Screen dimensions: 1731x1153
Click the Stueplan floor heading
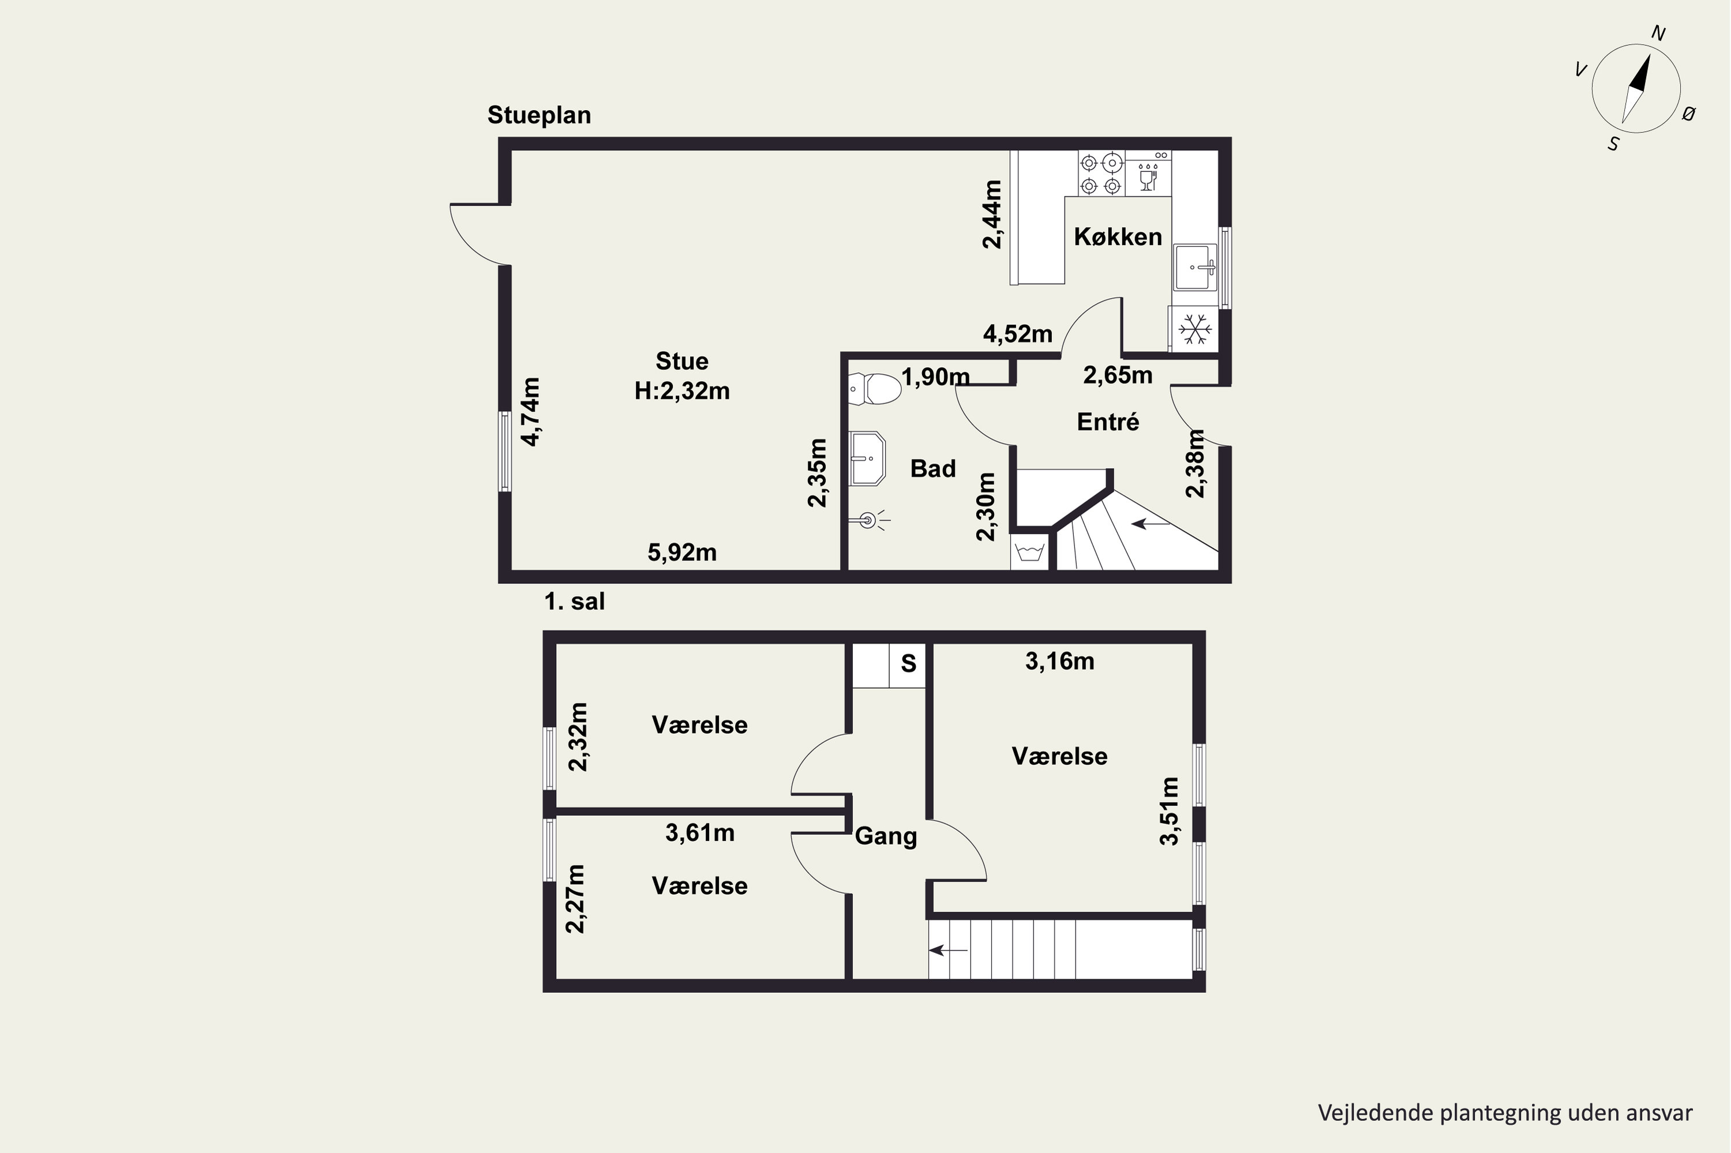coord(539,115)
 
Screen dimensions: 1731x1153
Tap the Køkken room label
coord(1118,237)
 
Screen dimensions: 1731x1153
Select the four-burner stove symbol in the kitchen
coord(1102,174)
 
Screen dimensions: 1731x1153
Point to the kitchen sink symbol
coord(1196,267)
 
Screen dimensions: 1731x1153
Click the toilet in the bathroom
coord(875,389)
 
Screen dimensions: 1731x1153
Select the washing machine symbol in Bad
coord(1030,552)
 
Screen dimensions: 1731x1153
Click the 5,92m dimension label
coord(682,552)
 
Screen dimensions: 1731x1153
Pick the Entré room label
coord(1108,422)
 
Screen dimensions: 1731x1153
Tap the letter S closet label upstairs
coord(909,664)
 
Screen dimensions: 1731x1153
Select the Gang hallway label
coord(886,837)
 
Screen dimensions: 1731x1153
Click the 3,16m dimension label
coord(1060,662)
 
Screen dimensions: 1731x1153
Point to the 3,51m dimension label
coord(1169,811)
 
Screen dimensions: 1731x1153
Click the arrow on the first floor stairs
coord(949,951)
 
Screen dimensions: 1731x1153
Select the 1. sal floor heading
coord(575,602)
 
